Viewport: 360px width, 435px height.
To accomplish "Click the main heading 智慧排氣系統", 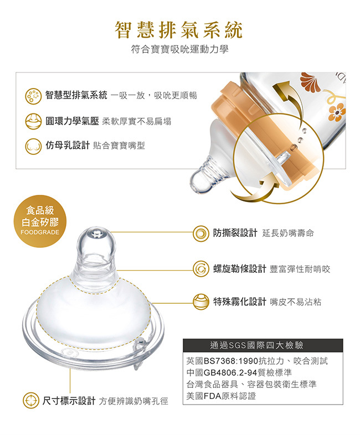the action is pos(179,30).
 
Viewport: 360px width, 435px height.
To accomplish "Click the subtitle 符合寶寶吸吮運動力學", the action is pos(179,50).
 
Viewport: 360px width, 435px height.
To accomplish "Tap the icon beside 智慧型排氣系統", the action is pos(33,96).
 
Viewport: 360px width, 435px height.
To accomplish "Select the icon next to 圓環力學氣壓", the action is pos(33,121).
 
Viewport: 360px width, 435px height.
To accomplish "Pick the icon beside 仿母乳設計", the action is pos(33,146).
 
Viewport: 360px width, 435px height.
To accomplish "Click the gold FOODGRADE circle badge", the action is pos(40,221).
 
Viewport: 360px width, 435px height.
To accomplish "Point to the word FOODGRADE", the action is pos(40,232).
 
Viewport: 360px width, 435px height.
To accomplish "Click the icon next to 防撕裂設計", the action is pos(201,234).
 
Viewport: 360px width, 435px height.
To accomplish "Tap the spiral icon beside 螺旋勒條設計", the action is pos(201,269).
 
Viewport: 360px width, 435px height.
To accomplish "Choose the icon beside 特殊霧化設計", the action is pos(201,302).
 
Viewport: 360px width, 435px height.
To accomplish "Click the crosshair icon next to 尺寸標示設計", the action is pos(31,401).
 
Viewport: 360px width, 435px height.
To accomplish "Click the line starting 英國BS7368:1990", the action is pos(257,361).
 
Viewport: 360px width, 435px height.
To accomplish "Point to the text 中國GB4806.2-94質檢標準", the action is pos(239,372).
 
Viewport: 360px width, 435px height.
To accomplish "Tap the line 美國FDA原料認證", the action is pos(221,396).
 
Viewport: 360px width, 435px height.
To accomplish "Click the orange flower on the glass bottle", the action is pos(337,112).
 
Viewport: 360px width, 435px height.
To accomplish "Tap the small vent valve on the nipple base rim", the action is pos(140,353).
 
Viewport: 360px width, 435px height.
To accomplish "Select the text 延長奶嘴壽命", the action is pos(288,234).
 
